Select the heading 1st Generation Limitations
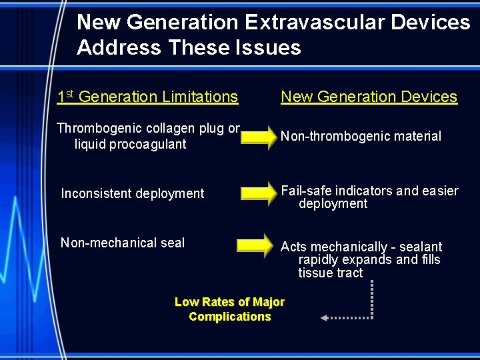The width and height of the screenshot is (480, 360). click(x=147, y=97)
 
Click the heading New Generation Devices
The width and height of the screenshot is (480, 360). click(x=369, y=97)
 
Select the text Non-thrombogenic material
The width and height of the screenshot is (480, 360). click(x=361, y=136)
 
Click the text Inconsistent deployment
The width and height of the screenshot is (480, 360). click(x=133, y=193)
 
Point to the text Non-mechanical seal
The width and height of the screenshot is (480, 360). click(x=123, y=243)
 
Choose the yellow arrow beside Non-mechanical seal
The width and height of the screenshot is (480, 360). click(x=255, y=244)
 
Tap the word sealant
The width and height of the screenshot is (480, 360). click(x=420, y=247)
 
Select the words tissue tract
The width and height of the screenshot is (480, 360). click(x=331, y=273)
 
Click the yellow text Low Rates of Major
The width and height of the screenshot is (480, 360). click(x=229, y=302)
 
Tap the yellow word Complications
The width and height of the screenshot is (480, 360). click(x=229, y=317)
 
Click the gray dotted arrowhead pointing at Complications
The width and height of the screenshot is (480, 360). click(x=325, y=318)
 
